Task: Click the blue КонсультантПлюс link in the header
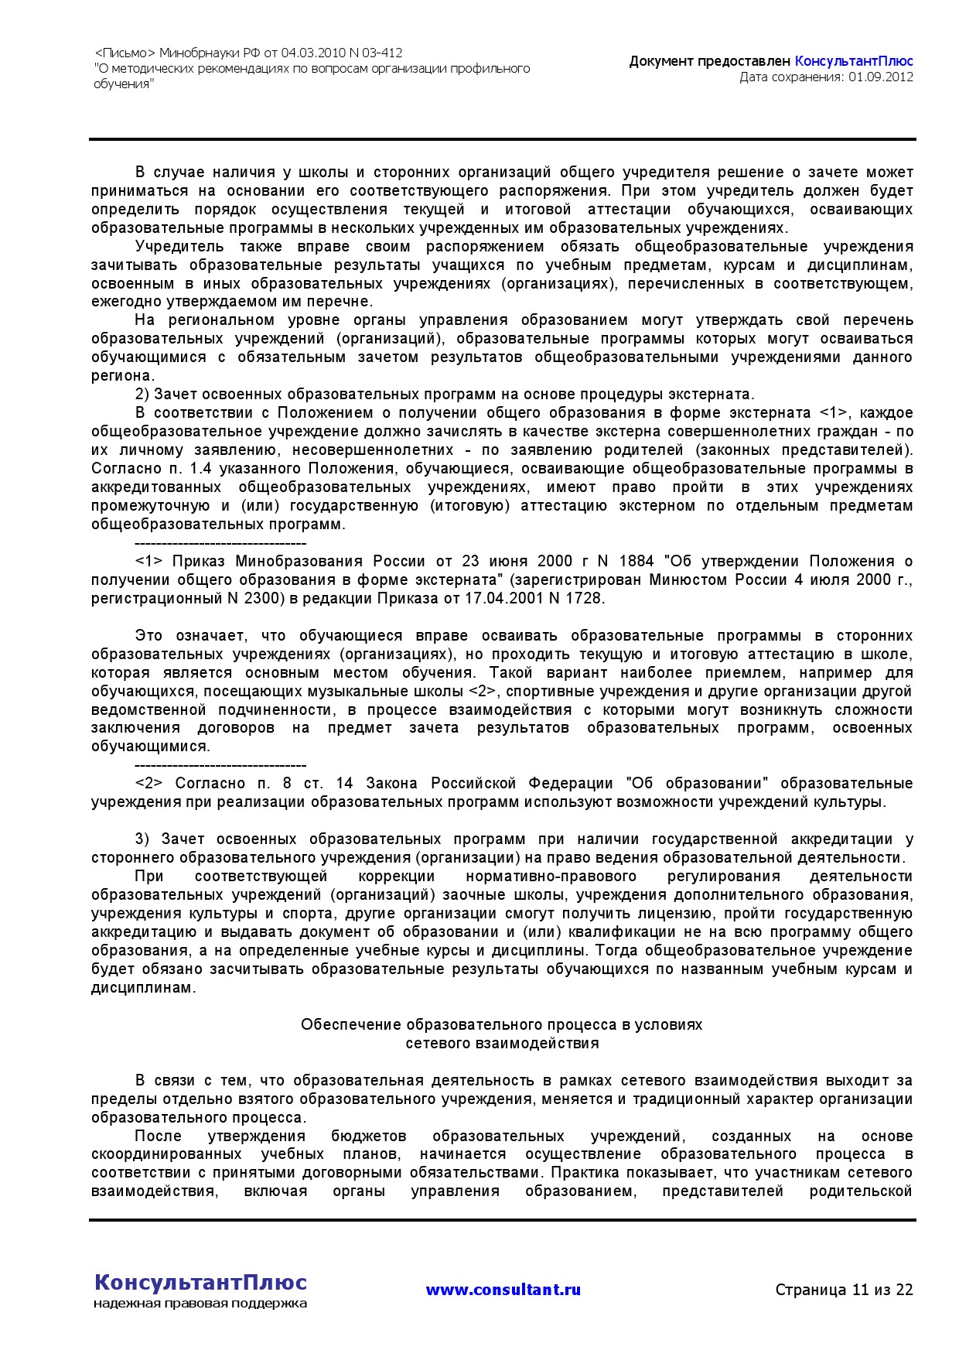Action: coord(854,61)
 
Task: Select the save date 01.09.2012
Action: coord(881,77)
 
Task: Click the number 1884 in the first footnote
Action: coord(636,561)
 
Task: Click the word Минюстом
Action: coord(690,579)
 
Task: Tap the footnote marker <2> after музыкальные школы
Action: coord(482,691)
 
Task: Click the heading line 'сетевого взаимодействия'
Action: coord(502,1043)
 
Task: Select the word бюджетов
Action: coord(368,1136)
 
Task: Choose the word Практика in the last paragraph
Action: coord(581,1173)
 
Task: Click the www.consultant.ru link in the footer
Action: coord(503,1290)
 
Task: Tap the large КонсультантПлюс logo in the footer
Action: coord(200,1282)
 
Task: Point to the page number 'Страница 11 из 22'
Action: coord(844,1290)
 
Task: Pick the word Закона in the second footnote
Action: coord(392,784)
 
